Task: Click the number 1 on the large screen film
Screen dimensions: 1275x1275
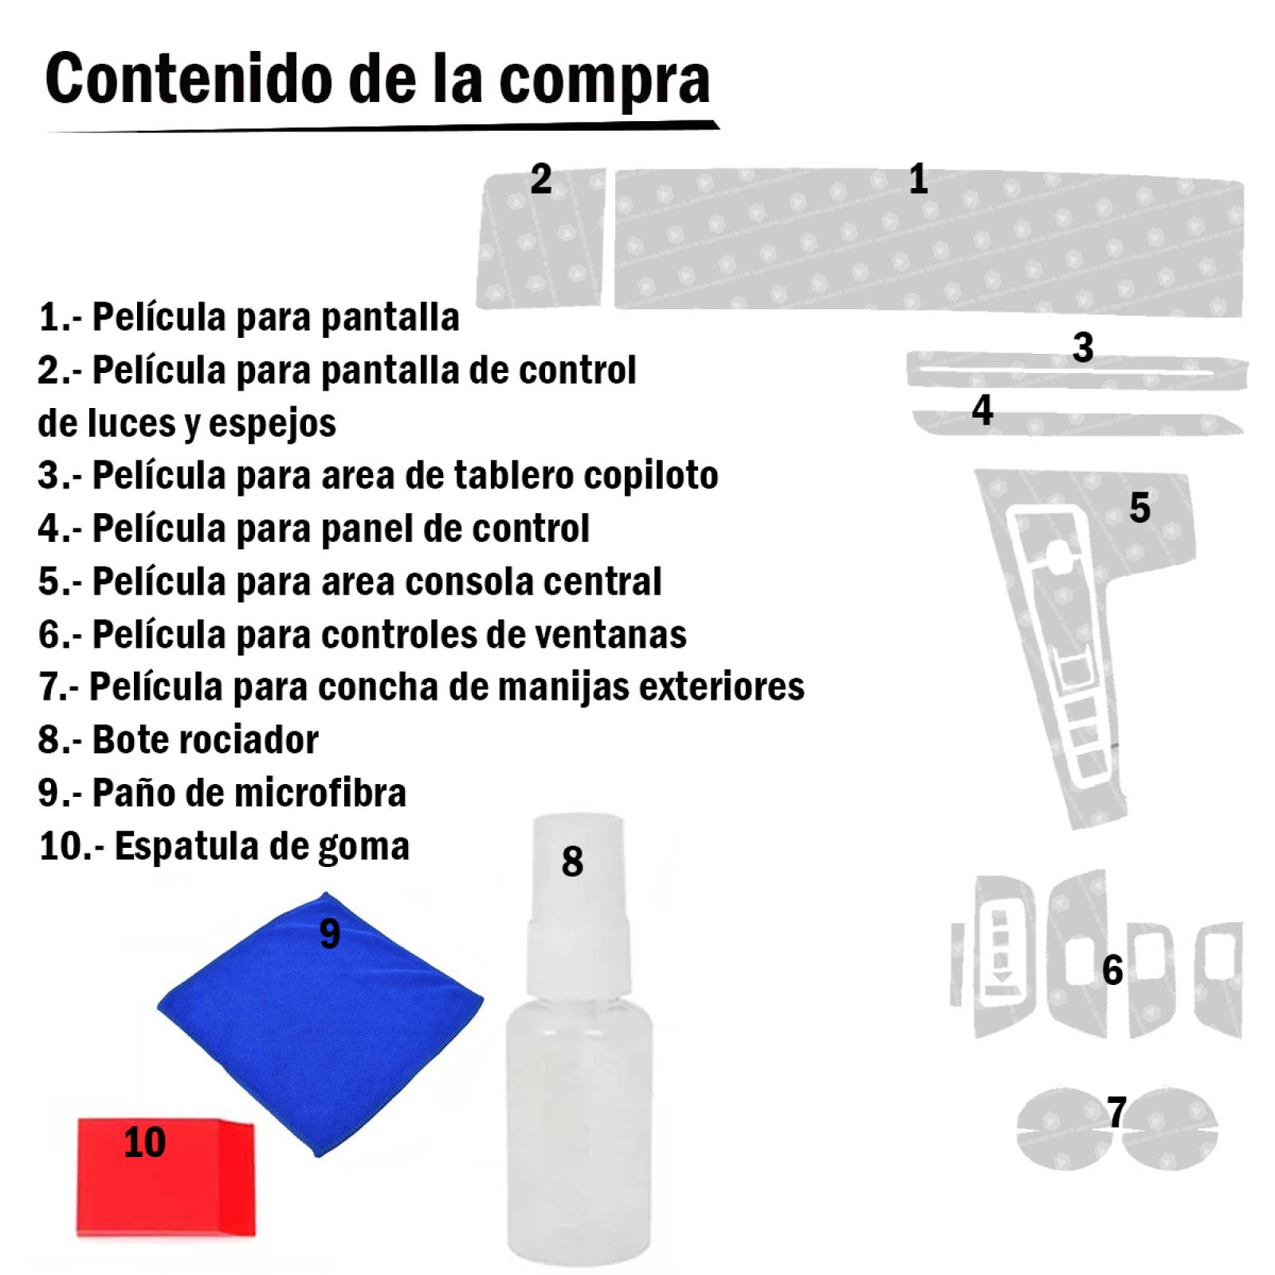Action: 918,178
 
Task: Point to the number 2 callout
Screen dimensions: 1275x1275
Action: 541,178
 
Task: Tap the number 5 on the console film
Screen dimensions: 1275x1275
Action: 1140,508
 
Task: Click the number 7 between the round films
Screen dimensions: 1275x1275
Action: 1116,1112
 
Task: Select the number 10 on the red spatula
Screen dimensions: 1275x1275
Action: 144,1143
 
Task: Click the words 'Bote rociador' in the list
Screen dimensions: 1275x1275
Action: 205,740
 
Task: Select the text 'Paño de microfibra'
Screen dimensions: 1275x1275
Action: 249,793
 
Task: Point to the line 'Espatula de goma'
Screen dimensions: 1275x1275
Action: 261,846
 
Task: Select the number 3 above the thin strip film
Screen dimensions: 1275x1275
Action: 1082,347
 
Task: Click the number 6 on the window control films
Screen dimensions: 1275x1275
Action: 1112,970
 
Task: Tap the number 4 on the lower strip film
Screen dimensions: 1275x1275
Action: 982,410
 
